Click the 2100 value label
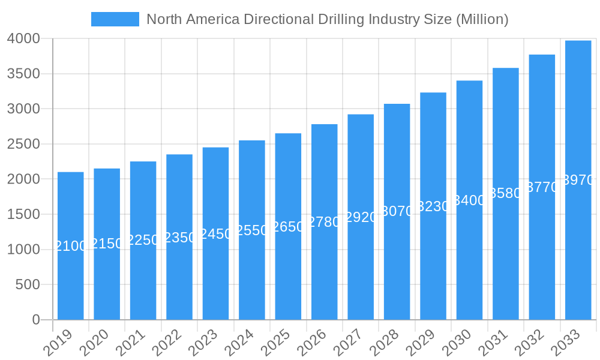click(x=71, y=246)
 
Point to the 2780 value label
click(x=325, y=222)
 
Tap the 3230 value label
click(x=433, y=206)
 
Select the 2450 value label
click(x=215, y=234)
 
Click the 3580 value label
click(x=506, y=193)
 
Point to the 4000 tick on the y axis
click(x=23, y=39)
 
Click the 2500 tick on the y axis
click(x=23, y=144)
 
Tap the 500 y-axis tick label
click(x=28, y=284)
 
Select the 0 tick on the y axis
click(x=36, y=320)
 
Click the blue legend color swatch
click(x=115, y=19)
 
